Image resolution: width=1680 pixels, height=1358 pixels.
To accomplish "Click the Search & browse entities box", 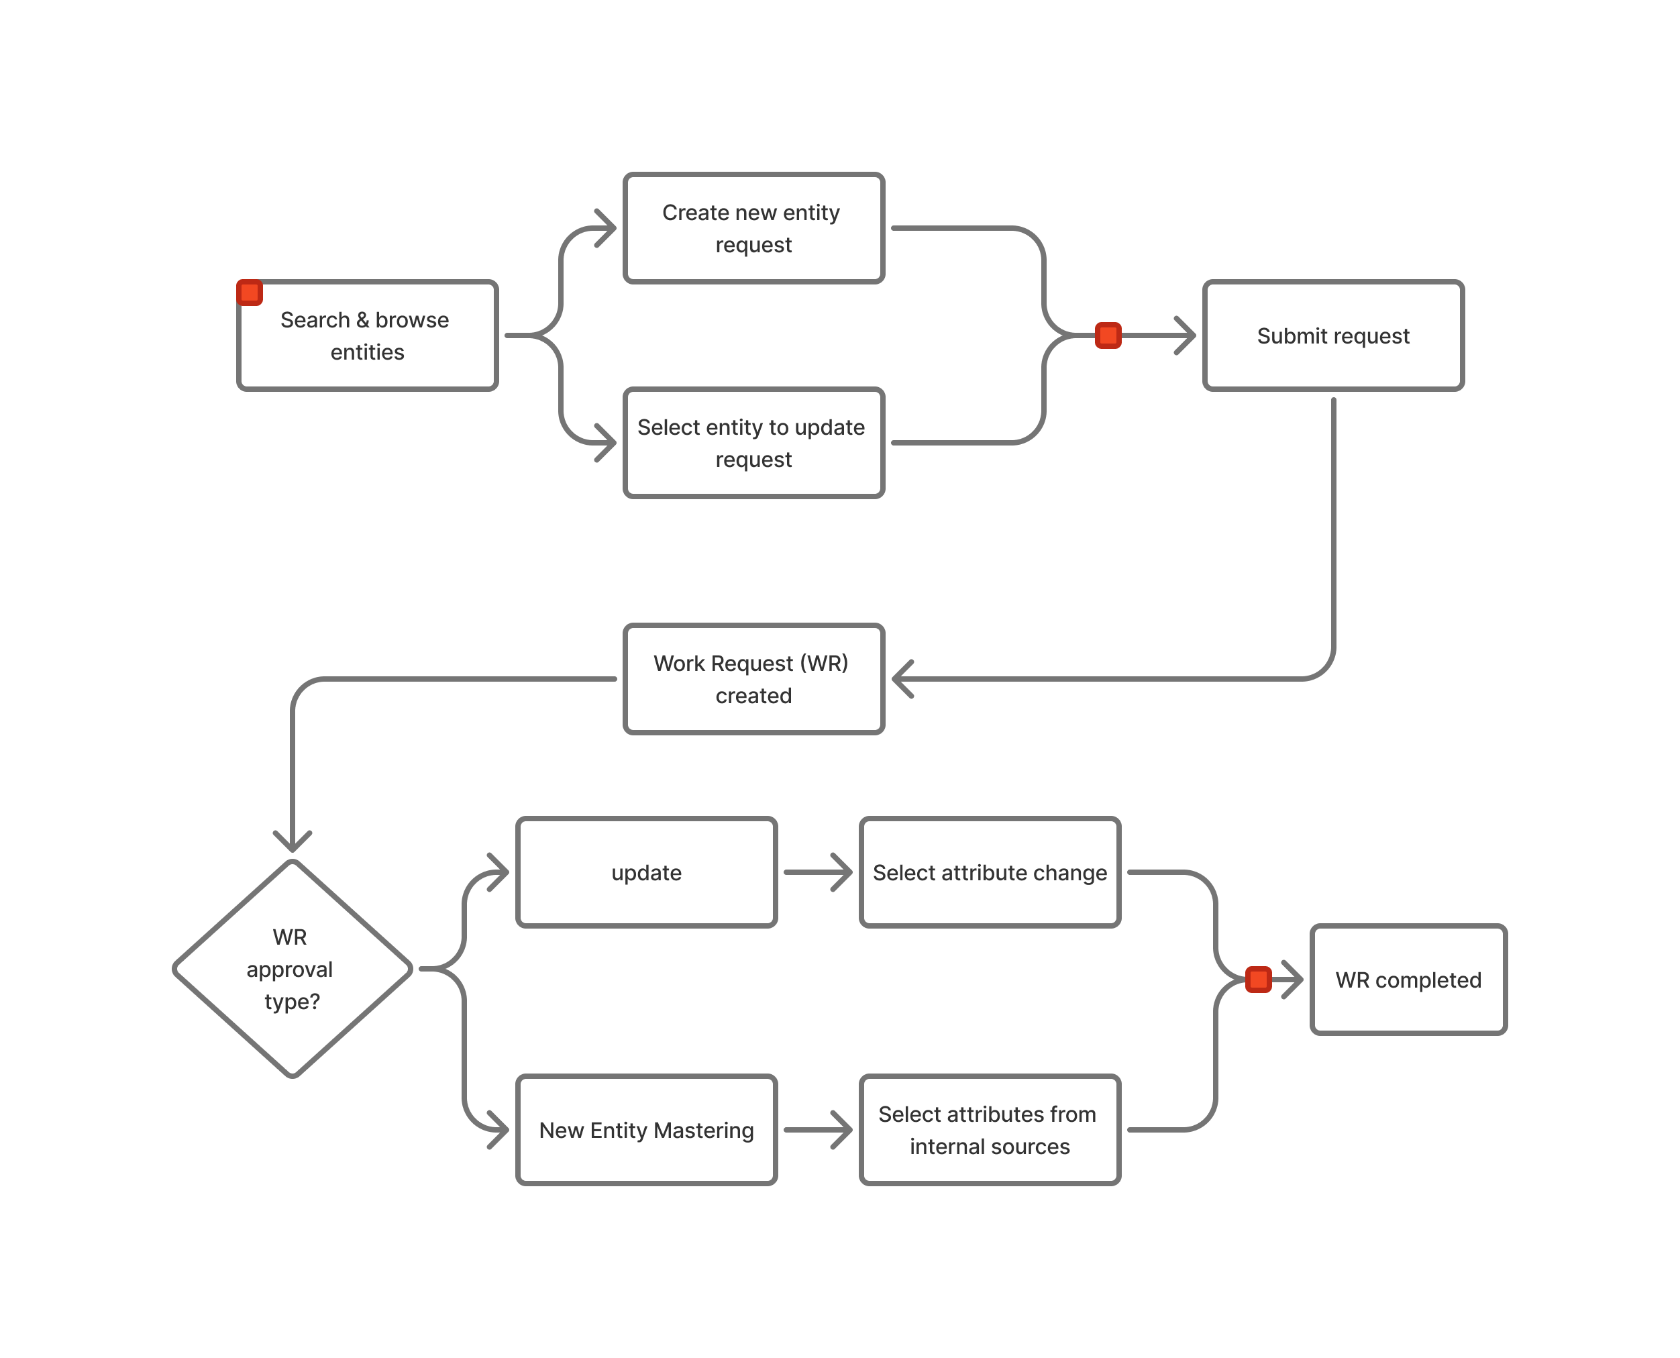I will (x=368, y=335).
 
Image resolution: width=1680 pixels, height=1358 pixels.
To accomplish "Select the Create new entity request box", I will (x=753, y=227).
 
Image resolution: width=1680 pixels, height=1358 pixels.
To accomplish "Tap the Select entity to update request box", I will (x=753, y=443).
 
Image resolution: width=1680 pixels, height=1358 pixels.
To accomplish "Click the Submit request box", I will (x=1332, y=335).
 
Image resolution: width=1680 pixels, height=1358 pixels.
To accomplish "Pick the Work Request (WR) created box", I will (x=753, y=679).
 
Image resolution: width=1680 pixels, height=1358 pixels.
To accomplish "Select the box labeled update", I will (x=646, y=872).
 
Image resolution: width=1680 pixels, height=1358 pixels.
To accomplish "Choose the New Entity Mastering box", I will (x=646, y=1130).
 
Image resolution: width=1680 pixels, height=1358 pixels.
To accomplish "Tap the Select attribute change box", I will (x=990, y=872).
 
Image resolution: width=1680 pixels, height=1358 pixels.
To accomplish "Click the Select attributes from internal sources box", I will (x=990, y=1130).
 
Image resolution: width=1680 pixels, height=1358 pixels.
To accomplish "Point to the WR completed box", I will (x=1408, y=980).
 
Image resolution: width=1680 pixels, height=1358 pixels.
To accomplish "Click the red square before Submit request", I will (x=1108, y=335).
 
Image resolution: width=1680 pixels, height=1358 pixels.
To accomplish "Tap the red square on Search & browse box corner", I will (x=250, y=293).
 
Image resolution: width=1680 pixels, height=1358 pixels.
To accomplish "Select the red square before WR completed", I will (x=1258, y=980).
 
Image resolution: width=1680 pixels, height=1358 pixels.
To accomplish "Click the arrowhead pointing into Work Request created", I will (x=903, y=679).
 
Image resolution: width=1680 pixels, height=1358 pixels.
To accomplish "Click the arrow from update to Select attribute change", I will (x=817, y=872).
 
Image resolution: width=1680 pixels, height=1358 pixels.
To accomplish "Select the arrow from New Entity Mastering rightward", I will (x=817, y=1130).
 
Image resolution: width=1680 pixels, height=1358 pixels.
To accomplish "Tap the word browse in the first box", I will (x=411, y=320).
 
